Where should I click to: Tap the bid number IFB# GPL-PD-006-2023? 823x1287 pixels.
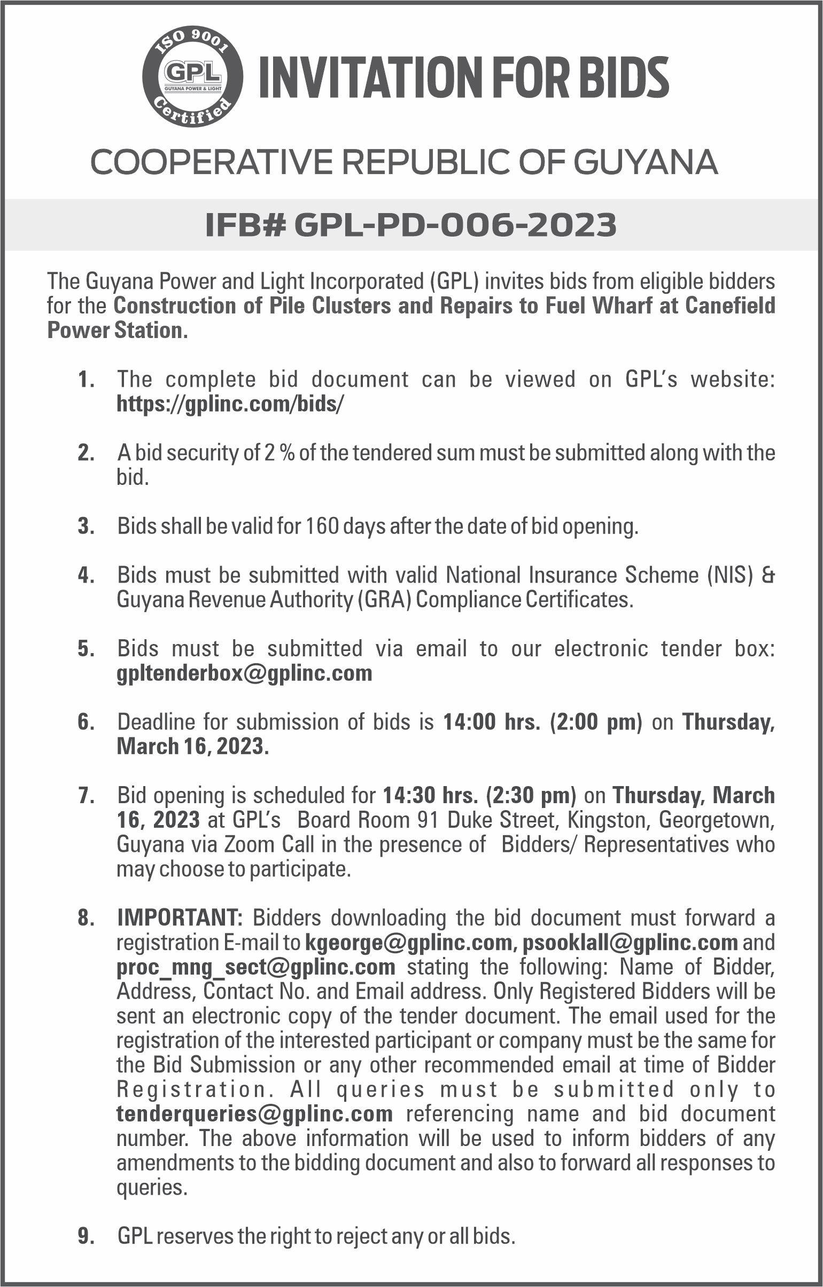point(411,225)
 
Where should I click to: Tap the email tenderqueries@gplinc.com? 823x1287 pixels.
point(255,1114)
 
